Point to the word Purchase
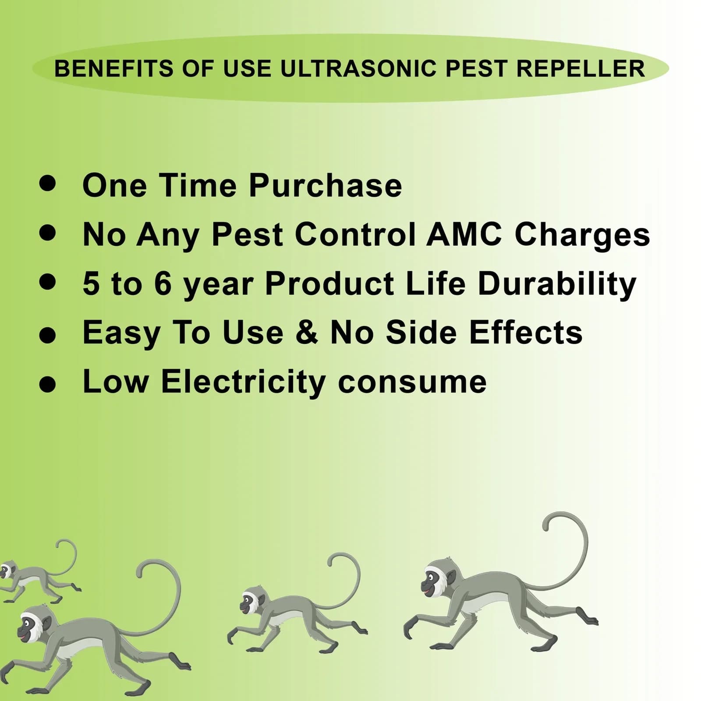(325, 185)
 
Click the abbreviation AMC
(464, 234)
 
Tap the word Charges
(582, 236)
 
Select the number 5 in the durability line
(91, 283)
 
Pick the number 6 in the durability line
(163, 283)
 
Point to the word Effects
(526, 333)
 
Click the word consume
(412, 382)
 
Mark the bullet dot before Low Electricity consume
(47, 384)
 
